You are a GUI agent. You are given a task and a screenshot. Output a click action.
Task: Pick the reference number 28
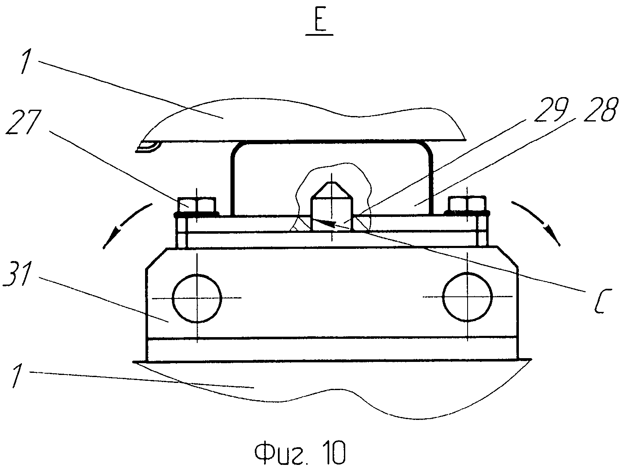point(600,110)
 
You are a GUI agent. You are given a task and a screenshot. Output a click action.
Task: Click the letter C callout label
point(602,300)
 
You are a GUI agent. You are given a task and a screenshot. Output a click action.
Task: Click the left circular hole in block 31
point(197,298)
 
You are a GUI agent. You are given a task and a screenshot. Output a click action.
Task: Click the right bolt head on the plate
point(467,205)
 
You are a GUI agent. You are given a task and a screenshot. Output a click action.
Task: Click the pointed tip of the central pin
point(332,185)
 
